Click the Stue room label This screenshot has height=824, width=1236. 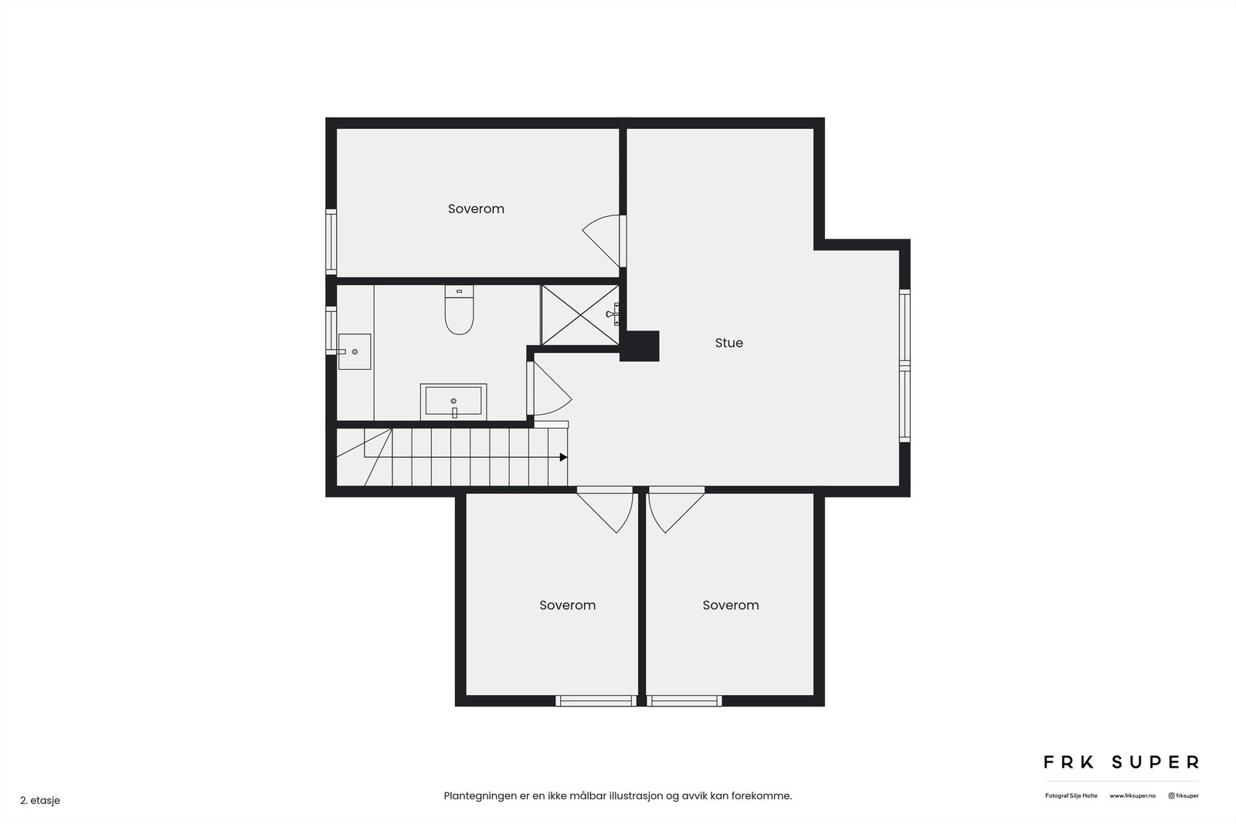pos(728,343)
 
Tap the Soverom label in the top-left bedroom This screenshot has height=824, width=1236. pos(476,209)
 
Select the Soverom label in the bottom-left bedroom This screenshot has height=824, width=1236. pos(567,605)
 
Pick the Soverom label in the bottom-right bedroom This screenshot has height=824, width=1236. pos(730,605)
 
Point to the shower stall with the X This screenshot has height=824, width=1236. pos(579,315)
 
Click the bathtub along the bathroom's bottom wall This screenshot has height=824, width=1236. pos(453,402)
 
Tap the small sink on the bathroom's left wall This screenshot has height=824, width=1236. pos(355,351)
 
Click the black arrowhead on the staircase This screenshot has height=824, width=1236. pos(563,457)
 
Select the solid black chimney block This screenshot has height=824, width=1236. pos(640,346)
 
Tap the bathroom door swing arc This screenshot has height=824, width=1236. pos(550,391)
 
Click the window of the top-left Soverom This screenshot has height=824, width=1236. pos(331,241)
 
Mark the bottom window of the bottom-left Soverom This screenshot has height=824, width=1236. pos(596,700)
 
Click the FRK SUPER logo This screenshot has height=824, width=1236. pos(1121,762)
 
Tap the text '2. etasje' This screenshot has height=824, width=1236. pos(40,800)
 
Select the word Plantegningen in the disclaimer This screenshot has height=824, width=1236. pos(479,795)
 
